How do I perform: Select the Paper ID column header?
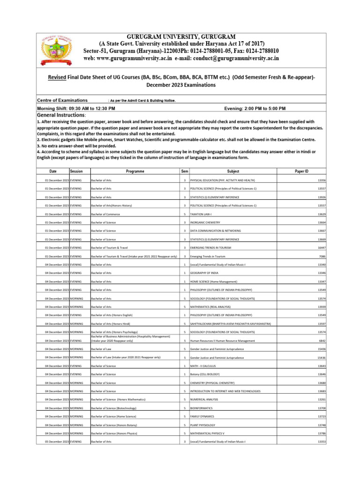click(301, 172)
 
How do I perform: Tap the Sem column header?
click(185, 172)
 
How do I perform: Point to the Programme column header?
click(135, 172)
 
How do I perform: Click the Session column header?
click(77, 172)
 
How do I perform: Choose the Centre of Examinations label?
click(62, 100)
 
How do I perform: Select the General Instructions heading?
click(61, 115)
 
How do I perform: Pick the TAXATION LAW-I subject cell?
click(202, 214)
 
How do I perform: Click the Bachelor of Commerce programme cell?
click(105, 214)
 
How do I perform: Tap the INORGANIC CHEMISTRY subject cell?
click(205, 222)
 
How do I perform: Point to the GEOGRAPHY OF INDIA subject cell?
click(205, 273)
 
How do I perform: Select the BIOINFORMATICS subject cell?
click(202, 408)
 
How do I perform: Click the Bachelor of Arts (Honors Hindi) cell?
click(110, 323)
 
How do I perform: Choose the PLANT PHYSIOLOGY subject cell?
click(202, 425)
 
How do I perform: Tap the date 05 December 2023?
click(53, 442)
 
